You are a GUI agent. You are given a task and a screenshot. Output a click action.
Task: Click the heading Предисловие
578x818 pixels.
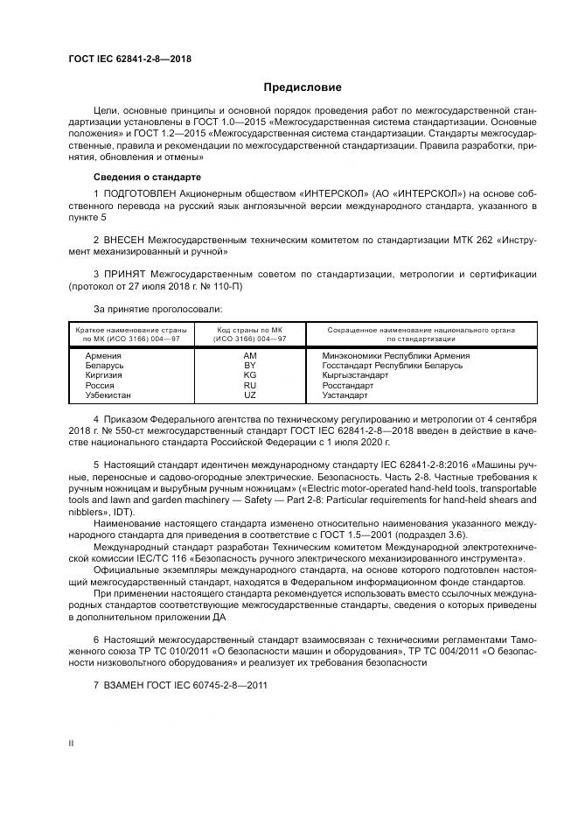click(x=303, y=87)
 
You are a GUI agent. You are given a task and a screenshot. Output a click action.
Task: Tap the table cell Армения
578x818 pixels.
click(x=103, y=356)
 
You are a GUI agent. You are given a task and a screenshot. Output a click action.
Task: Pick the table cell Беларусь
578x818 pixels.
click(x=104, y=366)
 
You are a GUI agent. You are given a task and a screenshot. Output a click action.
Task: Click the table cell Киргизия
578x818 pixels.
click(x=104, y=375)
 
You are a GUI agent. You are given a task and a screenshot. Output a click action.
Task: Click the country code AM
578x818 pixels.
click(x=250, y=356)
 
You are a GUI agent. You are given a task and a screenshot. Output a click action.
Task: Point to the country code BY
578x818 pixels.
click(x=250, y=366)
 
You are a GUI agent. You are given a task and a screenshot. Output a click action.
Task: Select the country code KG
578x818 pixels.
click(x=250, y=375)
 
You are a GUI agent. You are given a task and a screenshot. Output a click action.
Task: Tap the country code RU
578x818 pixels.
click(x=250, y=386)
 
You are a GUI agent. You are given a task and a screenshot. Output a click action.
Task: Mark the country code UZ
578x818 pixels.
click(x=250, y=395)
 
